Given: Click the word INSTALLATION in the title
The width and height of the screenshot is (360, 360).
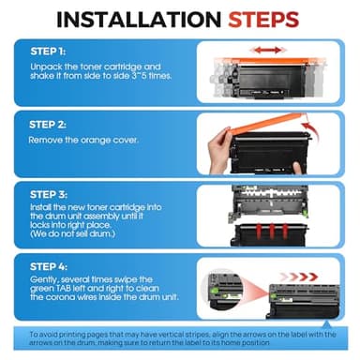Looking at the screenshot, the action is [x=139, y=20].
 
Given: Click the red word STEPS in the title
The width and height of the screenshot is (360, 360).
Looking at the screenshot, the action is [x=263, y=20].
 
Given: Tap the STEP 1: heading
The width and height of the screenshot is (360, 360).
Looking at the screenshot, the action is [x=48, y=52].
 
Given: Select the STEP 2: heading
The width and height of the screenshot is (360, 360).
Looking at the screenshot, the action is [x=48, y=125].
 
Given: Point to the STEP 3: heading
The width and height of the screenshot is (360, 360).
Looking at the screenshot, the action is [x=49, y=195].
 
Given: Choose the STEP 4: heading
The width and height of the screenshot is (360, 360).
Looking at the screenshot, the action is [x=49, y=267].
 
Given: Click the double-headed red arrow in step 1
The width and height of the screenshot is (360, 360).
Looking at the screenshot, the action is [x=267, y=50].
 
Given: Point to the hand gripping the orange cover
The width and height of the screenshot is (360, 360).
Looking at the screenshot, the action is [x=220, y=151].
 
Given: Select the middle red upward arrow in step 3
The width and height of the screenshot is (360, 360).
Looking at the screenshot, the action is [x=272, y=232].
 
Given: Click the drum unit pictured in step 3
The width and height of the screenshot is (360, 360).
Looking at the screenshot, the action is [x=269, y=202].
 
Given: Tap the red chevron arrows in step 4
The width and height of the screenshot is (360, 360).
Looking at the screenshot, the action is [x=298, y=277].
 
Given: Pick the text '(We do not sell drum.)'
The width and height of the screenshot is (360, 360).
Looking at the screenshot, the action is [x=72, y=233].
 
